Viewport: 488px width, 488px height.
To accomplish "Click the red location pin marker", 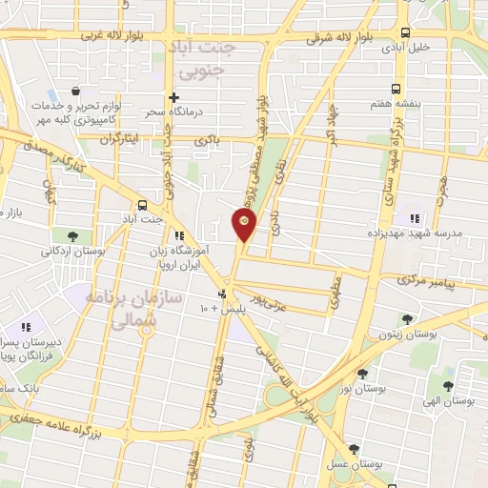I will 244,226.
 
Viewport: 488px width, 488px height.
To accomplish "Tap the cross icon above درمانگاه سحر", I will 173,97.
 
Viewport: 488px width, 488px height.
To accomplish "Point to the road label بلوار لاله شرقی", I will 338,39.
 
